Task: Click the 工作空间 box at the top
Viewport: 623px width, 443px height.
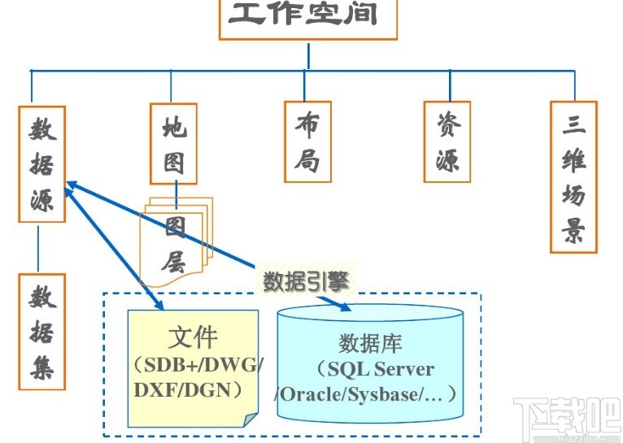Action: (x=307, y=18)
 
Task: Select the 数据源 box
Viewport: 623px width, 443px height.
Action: (x=41, y=163)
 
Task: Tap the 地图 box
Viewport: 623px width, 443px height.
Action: (x=173, y=143)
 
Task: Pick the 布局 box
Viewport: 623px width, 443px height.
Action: (x=307, y=140)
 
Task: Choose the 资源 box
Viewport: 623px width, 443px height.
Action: (x=447, y=141)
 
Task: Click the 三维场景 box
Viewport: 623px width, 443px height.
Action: (x=573, y=176)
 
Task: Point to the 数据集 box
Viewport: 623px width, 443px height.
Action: (x=41, y=332)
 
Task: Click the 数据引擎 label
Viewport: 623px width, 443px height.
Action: (x=306, y=281)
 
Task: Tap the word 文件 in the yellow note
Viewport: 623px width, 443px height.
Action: (x=193, y=337)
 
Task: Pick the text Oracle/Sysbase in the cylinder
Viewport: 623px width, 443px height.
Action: (x=358, y=393)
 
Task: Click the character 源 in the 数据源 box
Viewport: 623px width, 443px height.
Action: (x=41, y=200)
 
